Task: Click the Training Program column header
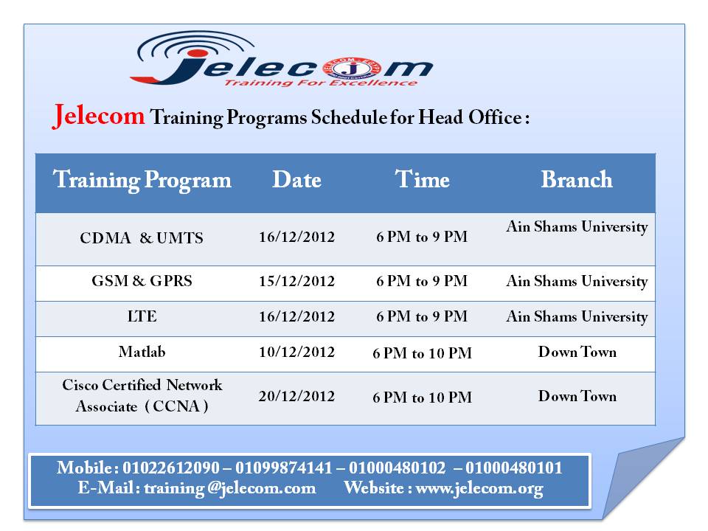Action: click(142, 180)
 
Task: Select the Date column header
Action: click(296, 180)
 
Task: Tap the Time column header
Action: click(422, 179)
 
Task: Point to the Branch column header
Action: click(577, 179)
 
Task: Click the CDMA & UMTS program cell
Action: click(142, 237)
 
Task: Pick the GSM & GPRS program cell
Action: click(142, 281)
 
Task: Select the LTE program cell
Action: click(142, 316)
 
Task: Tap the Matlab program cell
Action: click(142, 351)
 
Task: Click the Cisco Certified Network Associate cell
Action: click(142, 395)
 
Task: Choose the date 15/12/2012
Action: click(296, 281)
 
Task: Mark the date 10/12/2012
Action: click(296, 352)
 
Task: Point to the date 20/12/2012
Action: click(296, 396)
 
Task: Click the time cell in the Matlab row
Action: click(422, 353)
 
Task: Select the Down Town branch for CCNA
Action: click(577, 396)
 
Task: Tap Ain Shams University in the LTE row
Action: click(577, 316)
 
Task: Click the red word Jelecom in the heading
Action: click(98, 116)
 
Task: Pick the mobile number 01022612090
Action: click(170, 468)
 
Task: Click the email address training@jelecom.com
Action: click(230, 488)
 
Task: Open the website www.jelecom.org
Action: click(479, 488)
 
